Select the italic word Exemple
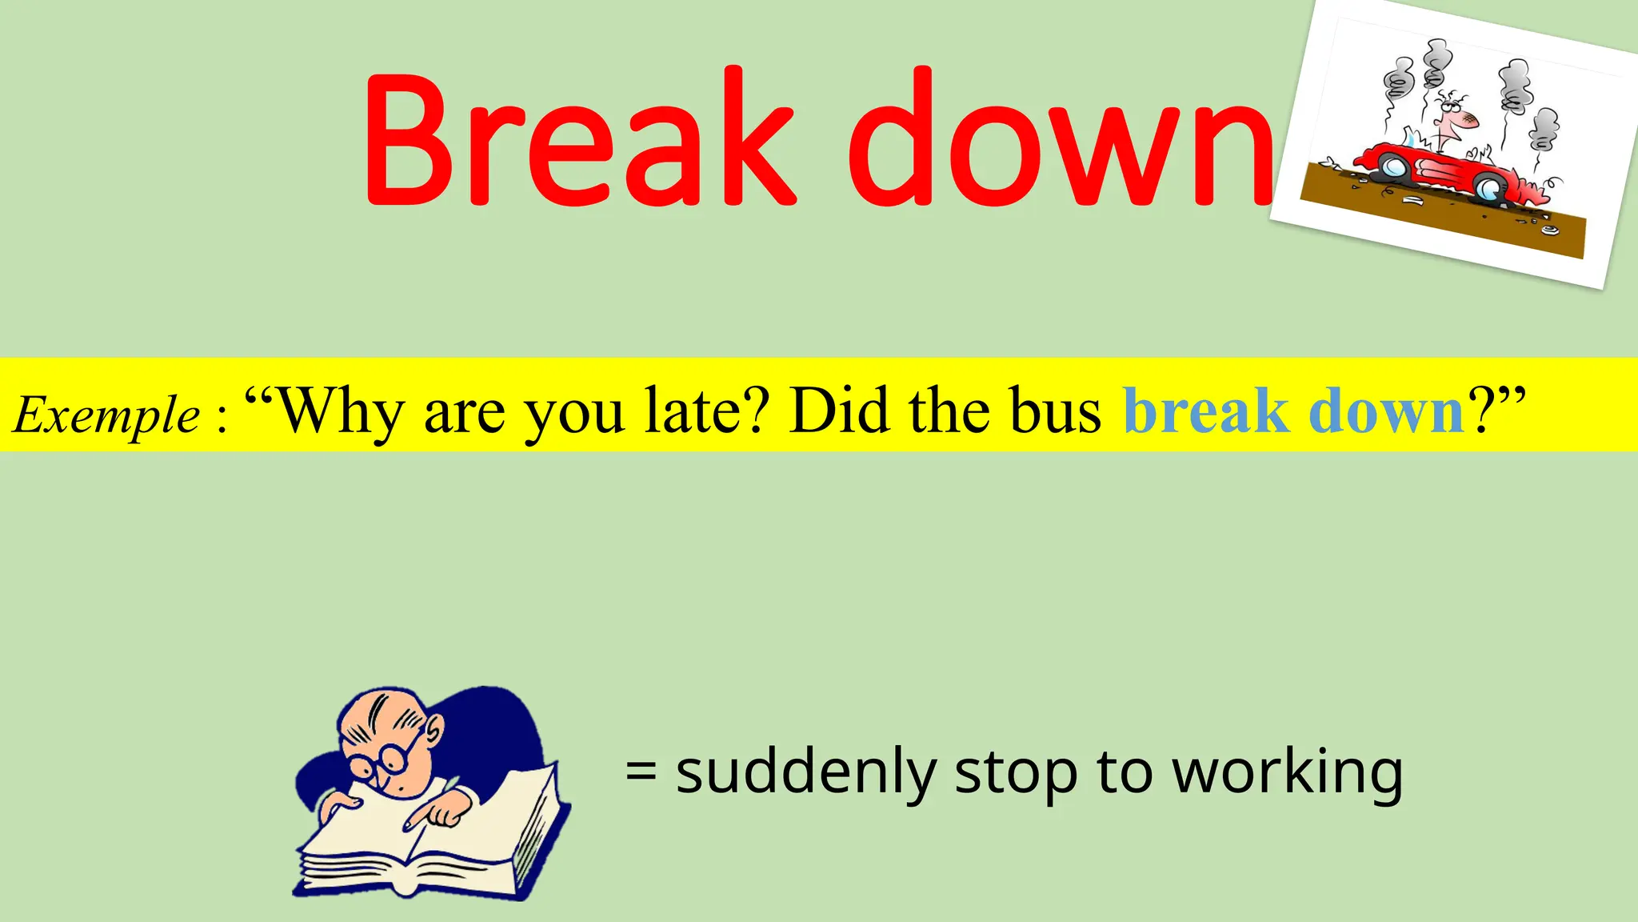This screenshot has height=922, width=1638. coord(106,415)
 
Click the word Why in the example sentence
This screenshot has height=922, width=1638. coord(342,412)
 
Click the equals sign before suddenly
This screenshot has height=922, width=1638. coord(641,772)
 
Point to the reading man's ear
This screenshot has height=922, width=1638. coord(434,728)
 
